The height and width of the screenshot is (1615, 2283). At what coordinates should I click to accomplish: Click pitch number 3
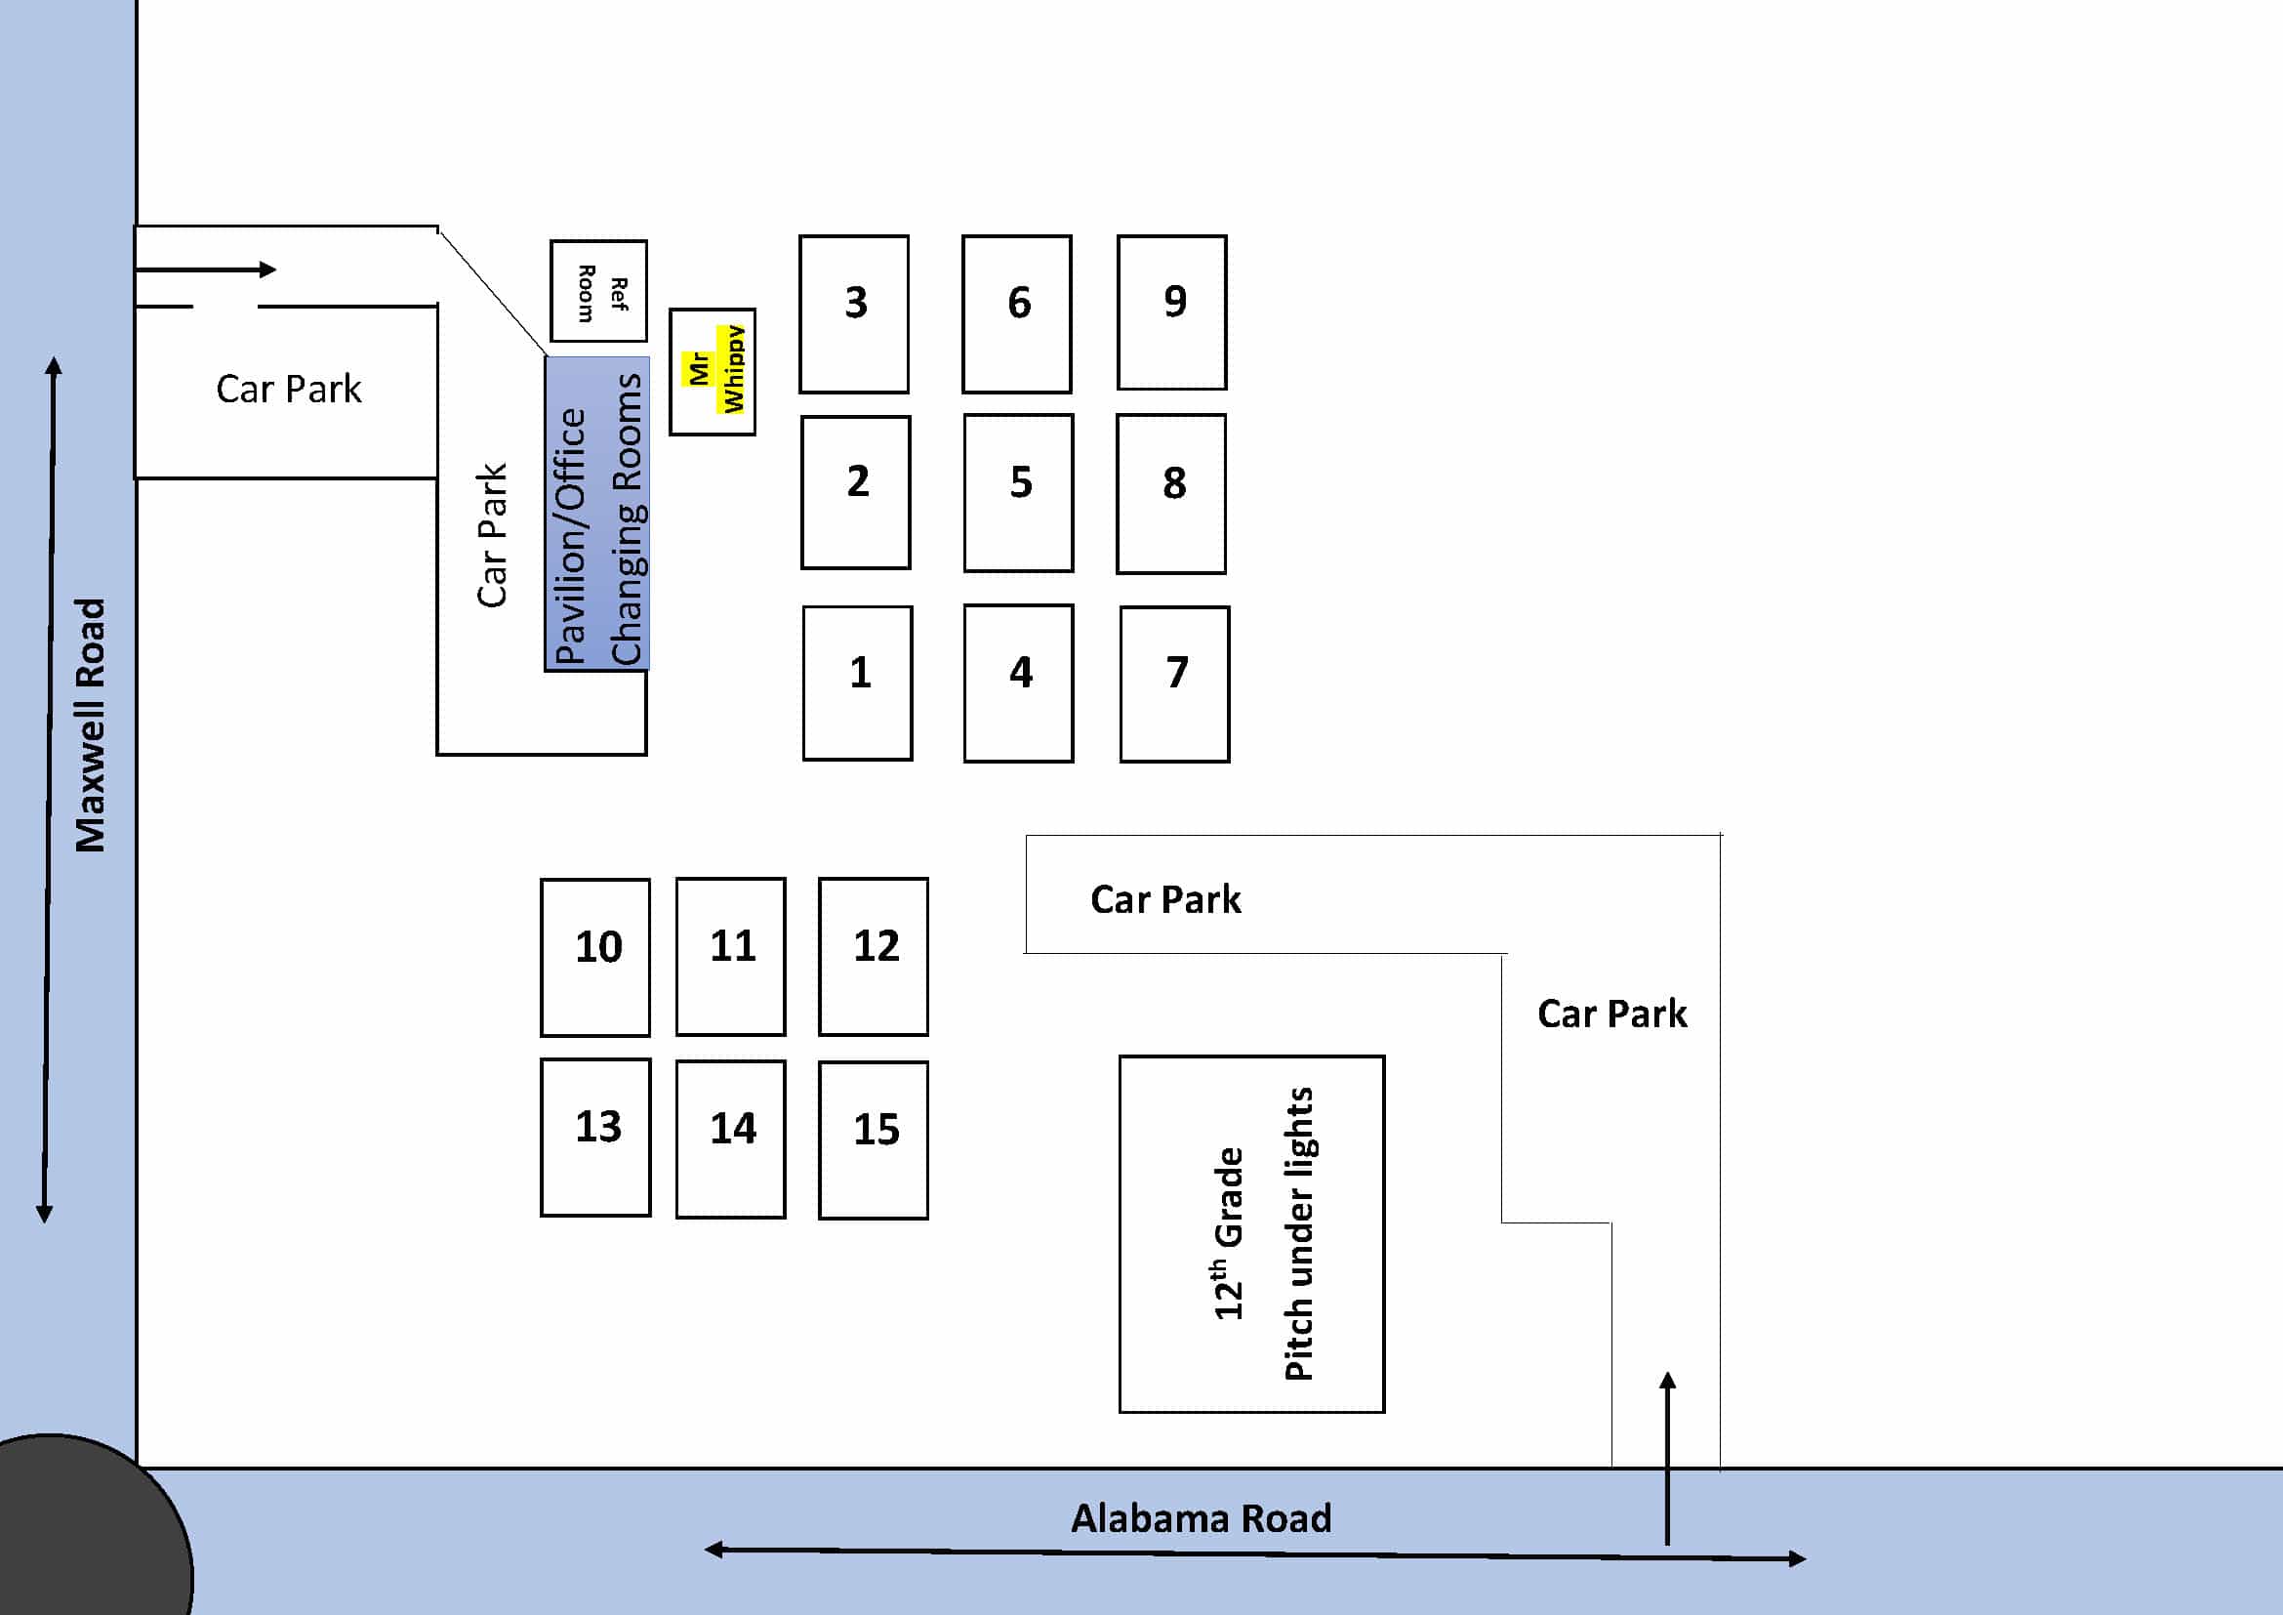tap(854, 313)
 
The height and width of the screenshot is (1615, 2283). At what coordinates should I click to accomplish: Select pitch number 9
tap(1171, 312)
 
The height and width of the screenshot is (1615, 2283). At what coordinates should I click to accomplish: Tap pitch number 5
tap(1018, 492)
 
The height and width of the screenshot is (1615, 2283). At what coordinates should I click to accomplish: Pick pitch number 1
tap(857, 683)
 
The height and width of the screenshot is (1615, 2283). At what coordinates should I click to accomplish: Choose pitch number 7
tap(1174, 684)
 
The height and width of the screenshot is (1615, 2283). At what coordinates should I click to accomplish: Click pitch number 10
tap(595, 957)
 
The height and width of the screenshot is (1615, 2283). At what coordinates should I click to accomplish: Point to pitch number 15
tap(873, 1139)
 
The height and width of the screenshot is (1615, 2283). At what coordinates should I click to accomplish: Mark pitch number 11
tap(731, 956)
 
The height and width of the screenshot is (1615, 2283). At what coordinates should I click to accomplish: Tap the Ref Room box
tap(598, 290)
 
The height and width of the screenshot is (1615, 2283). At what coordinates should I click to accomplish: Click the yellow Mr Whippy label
tap(713, 370)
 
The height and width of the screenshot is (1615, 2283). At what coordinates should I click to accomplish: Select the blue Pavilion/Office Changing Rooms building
tap(596, 514)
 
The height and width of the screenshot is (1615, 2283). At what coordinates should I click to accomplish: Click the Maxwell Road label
tap(90, 725)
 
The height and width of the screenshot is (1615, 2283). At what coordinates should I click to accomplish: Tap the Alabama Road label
tap(1201, 1518)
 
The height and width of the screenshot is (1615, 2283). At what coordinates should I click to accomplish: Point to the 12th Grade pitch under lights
tap(1252, 1234)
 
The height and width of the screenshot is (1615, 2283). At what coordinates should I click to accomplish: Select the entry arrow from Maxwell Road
tap(205, 269)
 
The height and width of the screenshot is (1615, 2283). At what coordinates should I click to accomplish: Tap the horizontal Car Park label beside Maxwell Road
tap(288, 389)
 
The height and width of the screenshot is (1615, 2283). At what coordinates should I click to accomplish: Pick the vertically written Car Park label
tap(492, 535)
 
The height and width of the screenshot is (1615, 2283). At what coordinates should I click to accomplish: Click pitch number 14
tap(731, 1139)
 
